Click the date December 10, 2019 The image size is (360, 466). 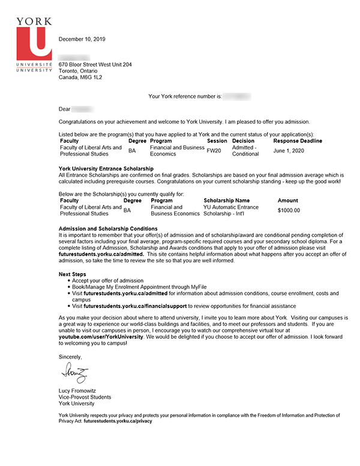82,40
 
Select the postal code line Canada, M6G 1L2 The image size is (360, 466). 80,77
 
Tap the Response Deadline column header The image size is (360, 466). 298,141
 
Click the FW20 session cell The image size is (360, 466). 214,151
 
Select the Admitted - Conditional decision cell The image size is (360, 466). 245,151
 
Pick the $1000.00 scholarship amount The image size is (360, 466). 289,211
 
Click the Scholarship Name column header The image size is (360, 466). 227,201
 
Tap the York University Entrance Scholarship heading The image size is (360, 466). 106,168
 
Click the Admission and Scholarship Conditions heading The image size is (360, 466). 108,229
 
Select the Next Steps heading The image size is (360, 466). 73,274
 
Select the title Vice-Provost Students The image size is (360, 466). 85,397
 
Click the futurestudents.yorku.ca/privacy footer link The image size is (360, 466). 118,422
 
